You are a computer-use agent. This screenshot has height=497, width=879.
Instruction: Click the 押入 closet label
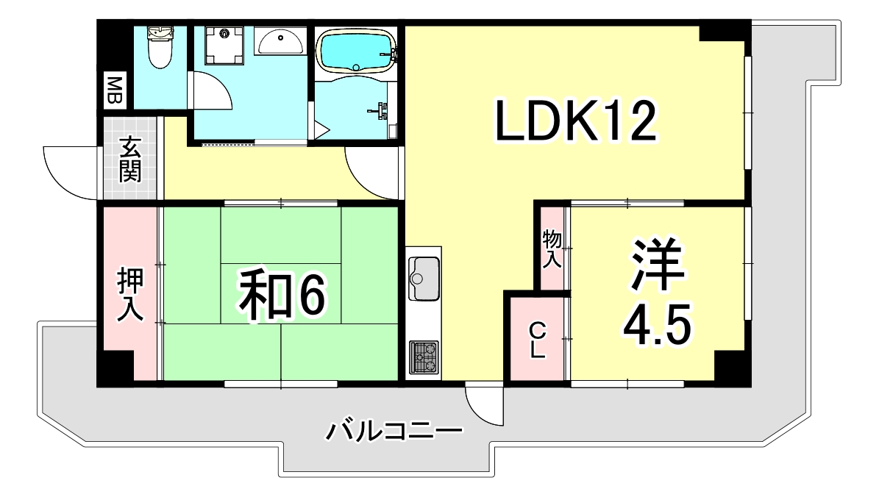pyautogui.click(x=130, y=295)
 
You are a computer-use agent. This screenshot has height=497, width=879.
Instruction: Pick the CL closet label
pyautogui.click(x=538, y=339)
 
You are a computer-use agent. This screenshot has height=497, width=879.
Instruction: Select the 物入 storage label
pyautogui.click(x=552, y=248)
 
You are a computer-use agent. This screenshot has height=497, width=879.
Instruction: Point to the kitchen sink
pyautogui.click(x=424, y=278)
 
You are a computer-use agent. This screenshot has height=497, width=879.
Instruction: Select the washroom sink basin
pyautogui.click(x=281, y=42)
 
